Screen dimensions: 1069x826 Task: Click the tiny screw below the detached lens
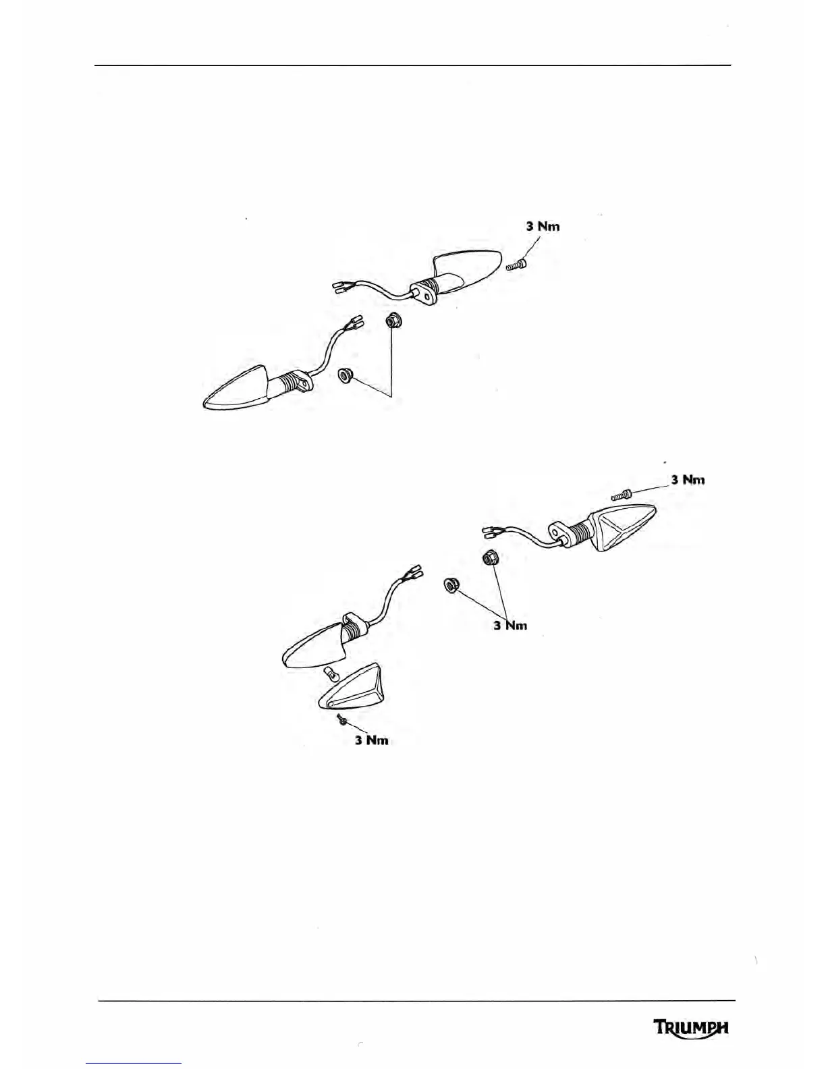point(343,721)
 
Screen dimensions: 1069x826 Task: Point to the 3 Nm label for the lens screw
point(372,740)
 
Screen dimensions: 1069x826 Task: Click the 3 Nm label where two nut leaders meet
point(510,626)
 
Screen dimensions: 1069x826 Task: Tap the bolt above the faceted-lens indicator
point(620,495)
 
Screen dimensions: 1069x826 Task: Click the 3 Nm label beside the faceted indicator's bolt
point(688,480)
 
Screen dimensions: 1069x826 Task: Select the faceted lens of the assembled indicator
point(622,526)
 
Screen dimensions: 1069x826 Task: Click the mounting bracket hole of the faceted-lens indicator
point(558,532)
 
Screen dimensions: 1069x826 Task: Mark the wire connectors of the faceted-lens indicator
point(490,533)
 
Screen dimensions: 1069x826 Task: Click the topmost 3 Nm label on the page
point(543,226)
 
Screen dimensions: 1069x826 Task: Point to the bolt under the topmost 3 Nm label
point(517,267)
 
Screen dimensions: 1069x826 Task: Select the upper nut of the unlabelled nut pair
point(391,321)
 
